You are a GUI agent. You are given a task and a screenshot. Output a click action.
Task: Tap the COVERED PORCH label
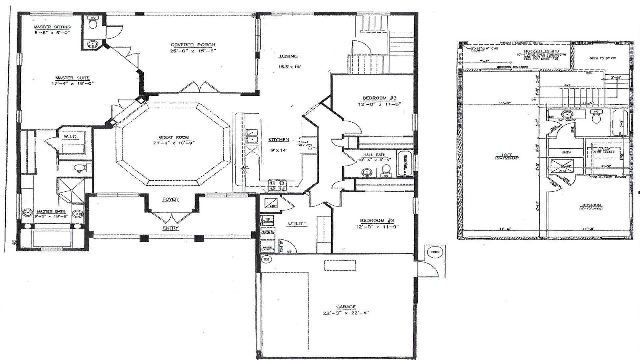[x=193, y=45]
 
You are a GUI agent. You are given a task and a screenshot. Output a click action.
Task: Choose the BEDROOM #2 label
[x=377, y=221]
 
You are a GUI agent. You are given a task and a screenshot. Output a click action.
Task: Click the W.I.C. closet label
[x=70, y=137]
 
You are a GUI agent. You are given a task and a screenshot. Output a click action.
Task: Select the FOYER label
[x=170, y=199]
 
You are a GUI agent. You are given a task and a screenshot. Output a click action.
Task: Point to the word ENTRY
[x=170, y=228]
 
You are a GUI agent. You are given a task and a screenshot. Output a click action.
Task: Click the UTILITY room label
[x=297, y=223]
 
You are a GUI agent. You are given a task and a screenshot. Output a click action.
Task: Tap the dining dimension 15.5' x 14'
[x=290, y=67]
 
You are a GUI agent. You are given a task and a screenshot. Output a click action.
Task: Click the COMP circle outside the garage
[x=434, y=252]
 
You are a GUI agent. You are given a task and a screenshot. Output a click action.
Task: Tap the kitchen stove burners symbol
[x=277, y=185]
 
